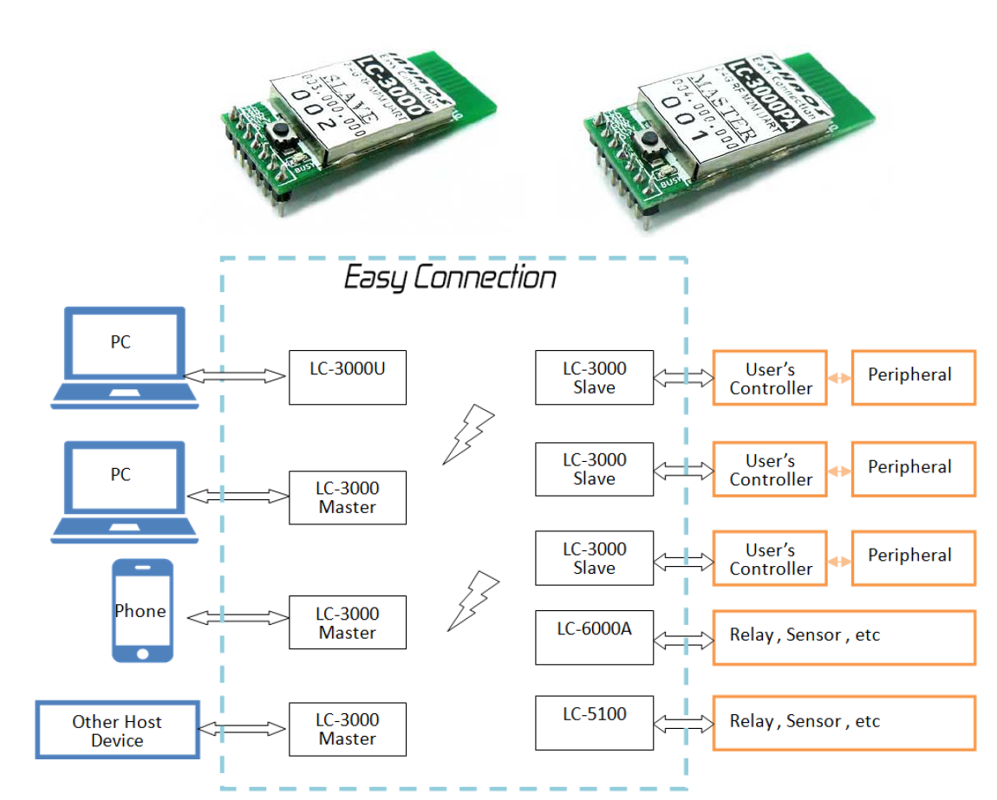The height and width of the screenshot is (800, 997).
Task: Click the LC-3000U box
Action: click(347, 377)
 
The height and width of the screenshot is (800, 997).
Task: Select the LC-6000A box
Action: click(594, 637)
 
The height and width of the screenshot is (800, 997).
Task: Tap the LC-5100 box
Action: click(594, 722)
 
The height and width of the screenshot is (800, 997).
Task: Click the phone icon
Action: click(143, 610)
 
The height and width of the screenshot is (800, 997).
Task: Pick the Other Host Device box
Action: click(117, 730)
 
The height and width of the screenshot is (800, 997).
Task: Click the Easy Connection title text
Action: click(450, 278)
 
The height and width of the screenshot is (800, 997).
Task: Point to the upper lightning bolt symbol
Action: click(468, 433)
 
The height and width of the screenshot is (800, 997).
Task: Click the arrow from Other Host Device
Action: click(243, 730)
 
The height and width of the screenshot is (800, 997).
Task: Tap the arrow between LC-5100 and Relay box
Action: click(682, 722)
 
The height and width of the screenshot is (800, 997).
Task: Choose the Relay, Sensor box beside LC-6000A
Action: click(844, 637)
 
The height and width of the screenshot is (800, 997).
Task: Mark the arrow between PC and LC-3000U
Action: click(235, 376)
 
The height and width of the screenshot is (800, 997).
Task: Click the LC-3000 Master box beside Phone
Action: click(347, 622)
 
